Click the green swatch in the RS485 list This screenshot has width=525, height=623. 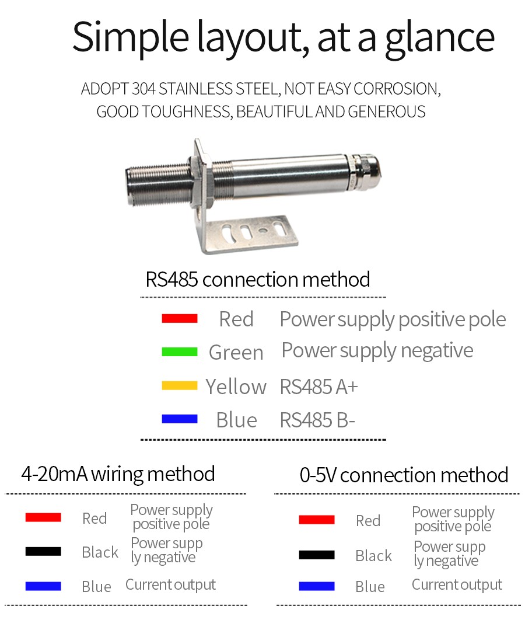coord(180,351)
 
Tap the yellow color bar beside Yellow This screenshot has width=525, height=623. coord(180,385)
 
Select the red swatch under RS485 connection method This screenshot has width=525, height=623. coord(180,318)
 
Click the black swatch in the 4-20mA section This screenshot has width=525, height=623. coord(43,551)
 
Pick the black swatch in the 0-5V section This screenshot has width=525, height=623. coord(316,555)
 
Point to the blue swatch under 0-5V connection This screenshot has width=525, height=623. coord(316,586)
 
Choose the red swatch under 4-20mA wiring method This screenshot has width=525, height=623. coord(43,517)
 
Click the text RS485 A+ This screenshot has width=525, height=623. coord(318,387)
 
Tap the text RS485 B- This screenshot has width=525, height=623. coord(317,420)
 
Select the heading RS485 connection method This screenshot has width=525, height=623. coord(258,279)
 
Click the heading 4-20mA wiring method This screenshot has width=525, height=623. coord(118,474)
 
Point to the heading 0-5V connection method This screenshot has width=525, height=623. coord(404,475)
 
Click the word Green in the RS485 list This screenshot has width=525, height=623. coord(236,353)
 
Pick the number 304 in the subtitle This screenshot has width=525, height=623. coord(144,89)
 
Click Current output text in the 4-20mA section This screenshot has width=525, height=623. coord(170,584)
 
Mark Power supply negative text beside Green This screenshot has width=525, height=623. coord(377,350)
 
